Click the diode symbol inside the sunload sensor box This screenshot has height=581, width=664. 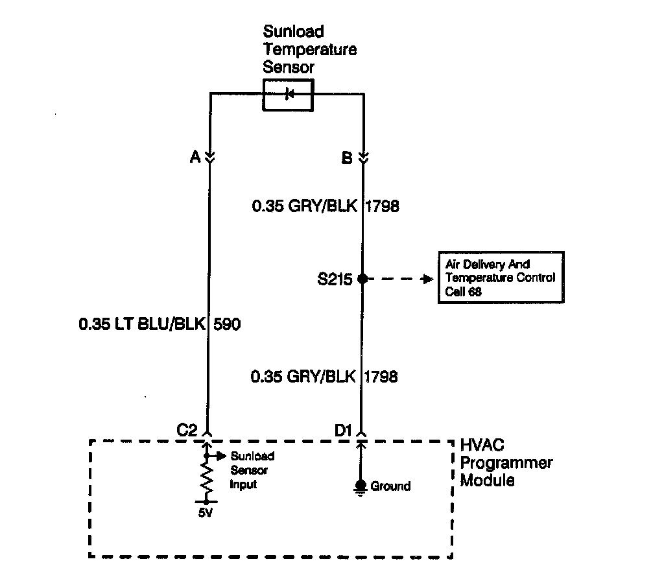point(289,95)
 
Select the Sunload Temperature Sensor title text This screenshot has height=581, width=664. point(309,49)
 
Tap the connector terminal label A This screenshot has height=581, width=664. point(194,157)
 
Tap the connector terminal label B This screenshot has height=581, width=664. point(348,157)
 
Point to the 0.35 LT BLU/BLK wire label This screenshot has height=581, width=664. point(141,324)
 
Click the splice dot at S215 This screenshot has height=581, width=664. point(362,279)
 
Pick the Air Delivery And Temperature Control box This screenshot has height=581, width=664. point(501,278)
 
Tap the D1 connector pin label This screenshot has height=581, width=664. point(342,430)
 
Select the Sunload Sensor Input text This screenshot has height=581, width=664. point(252,470)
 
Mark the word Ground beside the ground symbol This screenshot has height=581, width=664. point(390,486)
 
